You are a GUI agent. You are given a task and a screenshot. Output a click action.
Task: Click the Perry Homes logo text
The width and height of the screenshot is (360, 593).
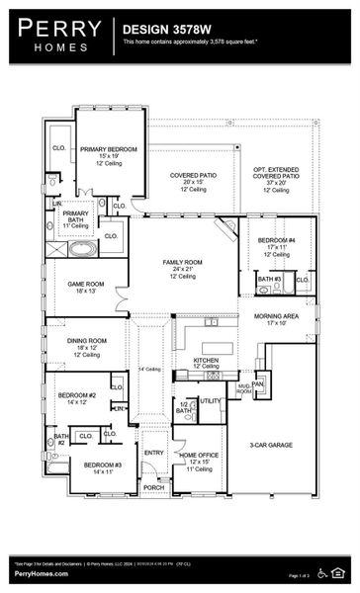pyautogui.click(x=55, y=36)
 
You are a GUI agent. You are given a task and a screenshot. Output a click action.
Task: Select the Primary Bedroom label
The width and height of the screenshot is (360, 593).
pyautogui.click(x=108, y=148)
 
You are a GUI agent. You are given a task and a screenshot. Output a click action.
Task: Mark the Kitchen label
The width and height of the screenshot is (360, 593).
pyautogui.click(x=206, y=361)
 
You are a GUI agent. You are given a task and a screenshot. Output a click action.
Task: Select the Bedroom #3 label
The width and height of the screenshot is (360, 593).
pyautogui.click(x=102, y=465)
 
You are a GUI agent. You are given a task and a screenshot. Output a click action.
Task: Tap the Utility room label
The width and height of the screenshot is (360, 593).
pyautogui.click(x=210, y=400)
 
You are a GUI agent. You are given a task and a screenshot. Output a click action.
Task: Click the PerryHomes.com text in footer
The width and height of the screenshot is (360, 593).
pyautogui.click(x=33, y=573)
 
